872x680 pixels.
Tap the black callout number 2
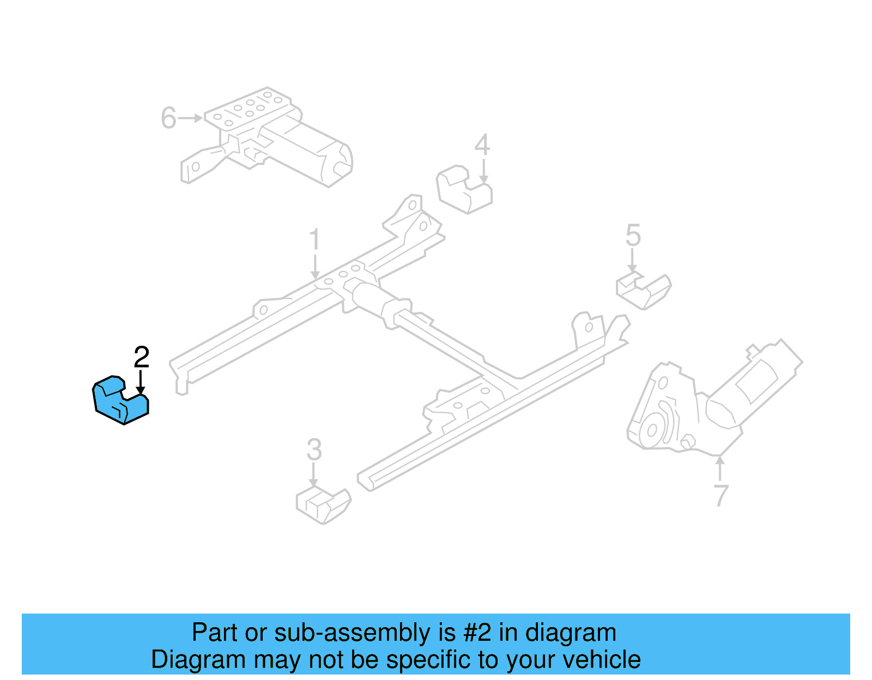(x=141, y=357)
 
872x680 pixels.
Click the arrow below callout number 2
(x=141, y=382)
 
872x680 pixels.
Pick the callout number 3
(x=314, y=450)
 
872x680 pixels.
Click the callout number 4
(x=482, y=145)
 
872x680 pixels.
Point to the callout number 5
(x=633, y=235)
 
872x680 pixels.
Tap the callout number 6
(x=168, y=118)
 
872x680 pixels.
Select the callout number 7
(x=720, y=495)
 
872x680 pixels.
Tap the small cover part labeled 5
(x=644, y=291)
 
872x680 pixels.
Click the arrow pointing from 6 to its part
(x=190, y=118)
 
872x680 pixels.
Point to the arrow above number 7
(x=720, y=468)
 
